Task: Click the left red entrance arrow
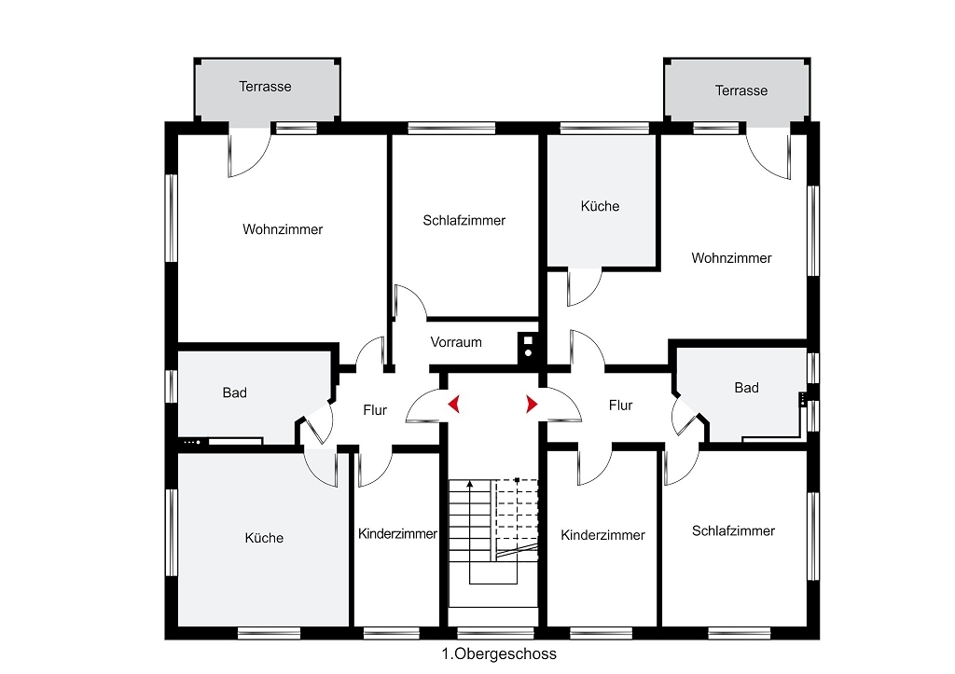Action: pyautogui.click(x=454, y=404)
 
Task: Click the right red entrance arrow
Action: pyautogui.click(x=533, y=404)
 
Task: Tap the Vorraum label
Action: pyautogui.click(x=456, y=342)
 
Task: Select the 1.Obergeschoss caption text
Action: pyautogui.click(x=499, y=653)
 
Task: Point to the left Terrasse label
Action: pyautogui.click(x=265, y=87)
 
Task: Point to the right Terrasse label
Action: pyautogui.click(x=741, y=90)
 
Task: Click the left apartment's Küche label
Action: pyautogui.click(x=264, y=538)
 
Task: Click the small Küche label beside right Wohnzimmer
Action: pyautogui.click(x=600, y=206)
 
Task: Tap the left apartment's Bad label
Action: pyautogui.click(x=234, y=392)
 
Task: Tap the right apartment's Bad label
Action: pyautogui.click(x=747, y=388)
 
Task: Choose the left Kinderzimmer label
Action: pyautogui.click(x=397, y=534)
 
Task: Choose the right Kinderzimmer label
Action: pyautogui.click(x=603, y=535)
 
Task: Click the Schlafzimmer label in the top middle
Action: pyautogui.click(x=464, y=220)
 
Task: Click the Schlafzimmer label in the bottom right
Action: pyautogui.click(x=733, y=531)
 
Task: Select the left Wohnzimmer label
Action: pyautogui.click(x=283, y=229)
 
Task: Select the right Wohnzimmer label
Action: pyautogui.click(x=731, y=258)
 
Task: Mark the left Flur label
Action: pyautogui.click(x=375, y=410)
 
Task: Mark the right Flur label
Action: pyautogui.click(x=620, y=406)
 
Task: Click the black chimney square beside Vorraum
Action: pyautogui.click(x=528, y=347)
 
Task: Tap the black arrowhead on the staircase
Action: pyautogui.click(x=470, y=484)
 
